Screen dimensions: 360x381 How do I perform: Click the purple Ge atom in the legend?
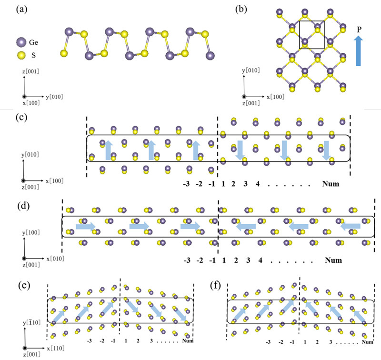tap(20, 41)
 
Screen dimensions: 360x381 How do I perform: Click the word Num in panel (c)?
tap(331, 183)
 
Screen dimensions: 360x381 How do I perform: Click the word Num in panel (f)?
tap(366, 342)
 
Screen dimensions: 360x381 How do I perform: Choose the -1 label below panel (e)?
tap(112, 341)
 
